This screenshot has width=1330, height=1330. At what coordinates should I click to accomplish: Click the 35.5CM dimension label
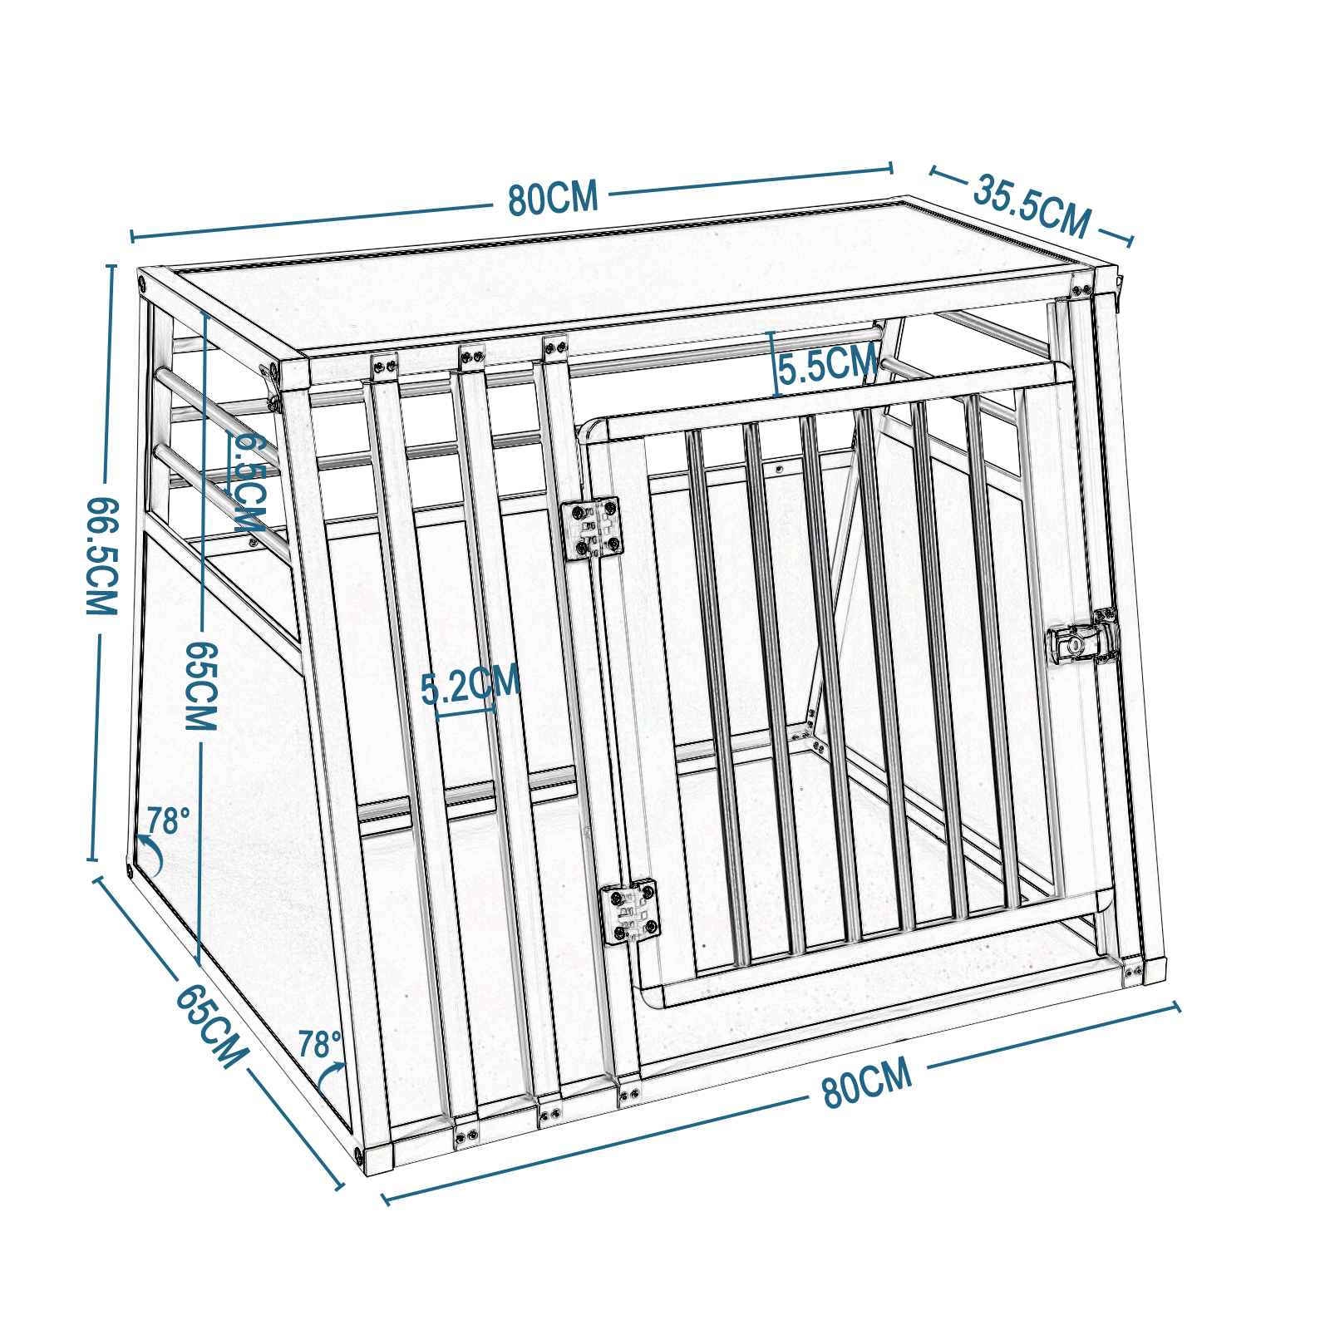(1031, 205)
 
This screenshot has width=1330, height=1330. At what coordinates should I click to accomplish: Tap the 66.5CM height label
(102, 556)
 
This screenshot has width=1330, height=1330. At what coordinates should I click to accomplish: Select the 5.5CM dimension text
(828, 364)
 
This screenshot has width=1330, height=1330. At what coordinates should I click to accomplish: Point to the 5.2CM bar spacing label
(470, 684)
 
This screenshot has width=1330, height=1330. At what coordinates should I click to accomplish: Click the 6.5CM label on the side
(249, 482)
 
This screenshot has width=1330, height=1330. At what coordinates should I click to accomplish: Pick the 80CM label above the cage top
(553, 198)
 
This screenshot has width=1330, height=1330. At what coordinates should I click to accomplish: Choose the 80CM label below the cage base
(867, 1084)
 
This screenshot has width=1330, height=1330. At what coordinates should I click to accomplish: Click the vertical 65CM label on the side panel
(200, 686)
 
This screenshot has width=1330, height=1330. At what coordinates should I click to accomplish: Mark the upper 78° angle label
(169, 821)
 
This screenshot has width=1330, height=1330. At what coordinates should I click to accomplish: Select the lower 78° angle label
(320, 1044)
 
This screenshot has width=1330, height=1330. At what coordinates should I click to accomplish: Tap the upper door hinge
(591, 528)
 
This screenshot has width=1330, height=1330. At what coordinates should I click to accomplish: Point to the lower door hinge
(630, 912)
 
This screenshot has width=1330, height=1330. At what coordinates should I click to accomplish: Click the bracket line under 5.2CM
(466, 712)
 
